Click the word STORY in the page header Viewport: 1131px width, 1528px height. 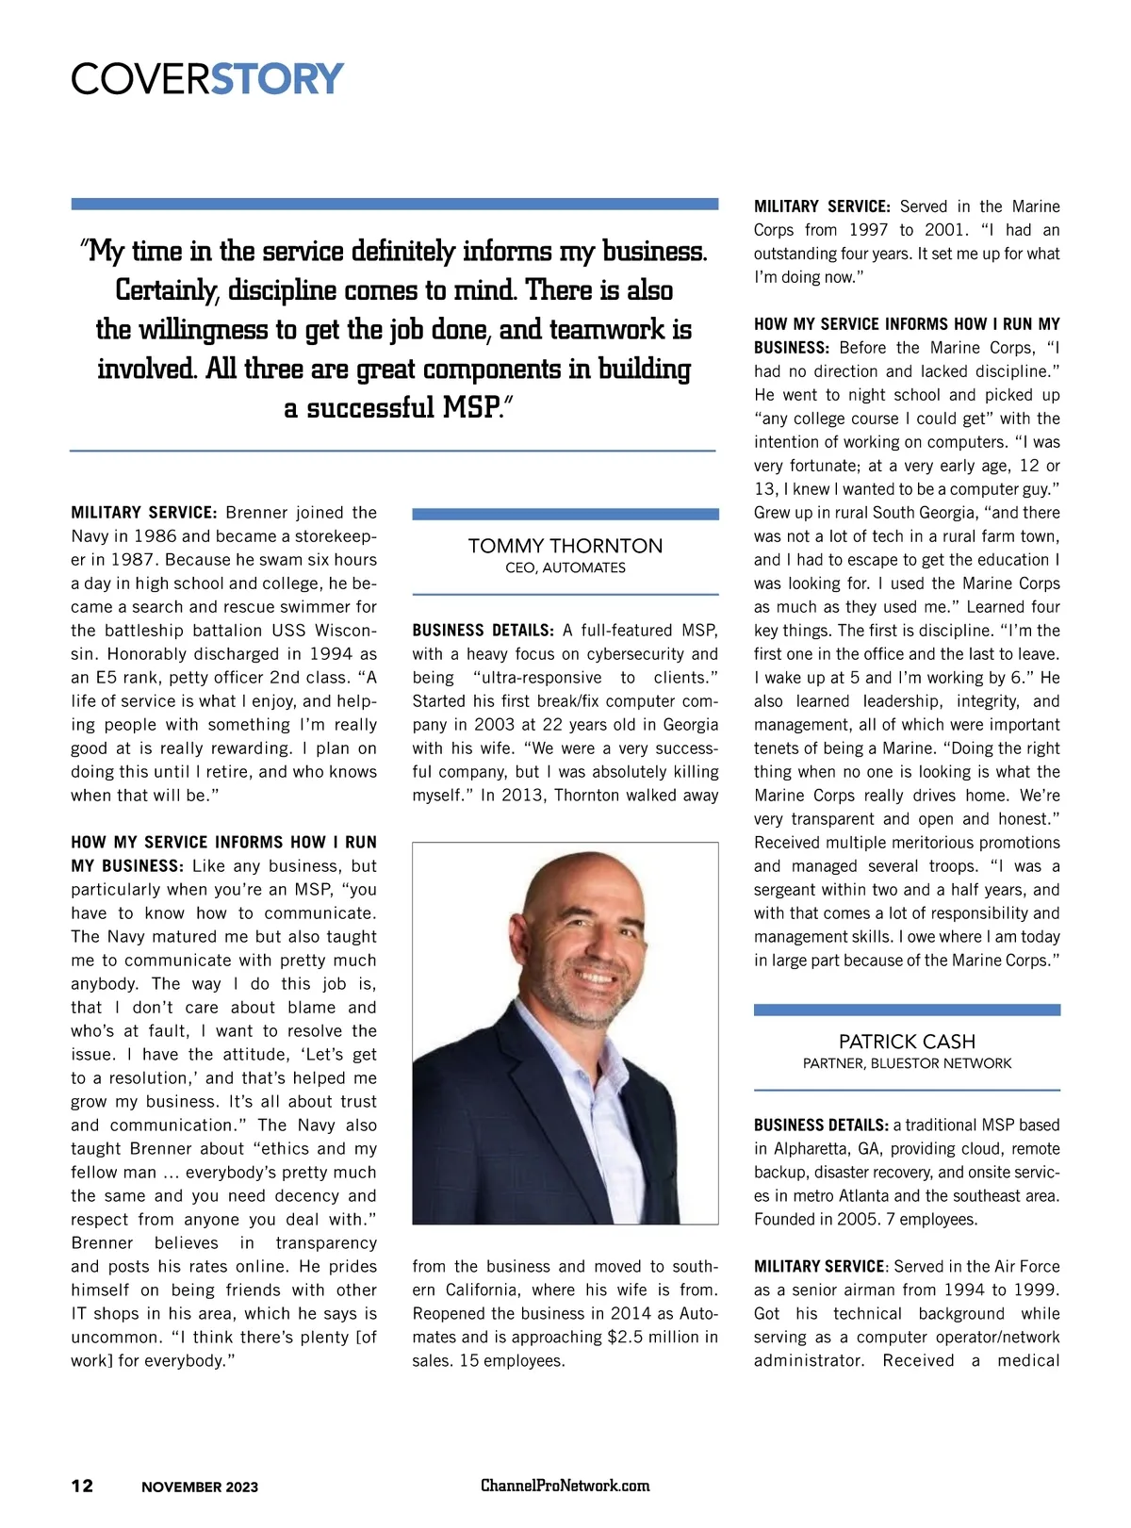277,79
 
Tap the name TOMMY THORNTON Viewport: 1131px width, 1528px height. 565,546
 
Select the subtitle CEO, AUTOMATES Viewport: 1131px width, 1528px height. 565,567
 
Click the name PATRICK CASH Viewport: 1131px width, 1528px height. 907,1042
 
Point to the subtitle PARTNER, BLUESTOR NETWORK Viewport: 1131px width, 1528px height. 907,1063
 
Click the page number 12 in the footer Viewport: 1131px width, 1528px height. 83,1486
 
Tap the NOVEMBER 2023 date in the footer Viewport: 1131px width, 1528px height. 200,1487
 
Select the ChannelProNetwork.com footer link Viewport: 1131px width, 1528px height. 565,1486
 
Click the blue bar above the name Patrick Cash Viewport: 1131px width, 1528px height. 907,1010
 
